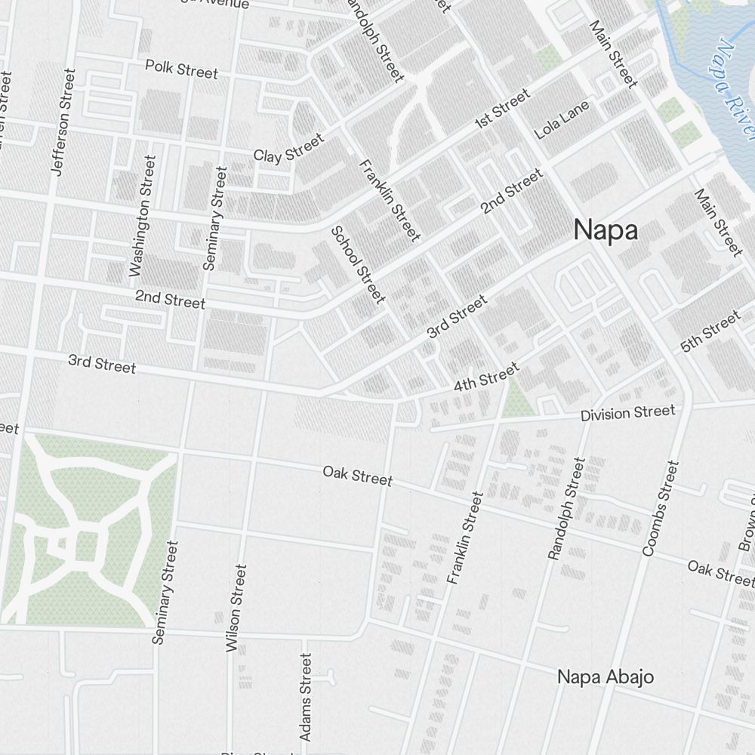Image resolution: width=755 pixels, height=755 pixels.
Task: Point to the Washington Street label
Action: [x=142, y=217]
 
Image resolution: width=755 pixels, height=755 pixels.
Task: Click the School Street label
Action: [x=358, y=264]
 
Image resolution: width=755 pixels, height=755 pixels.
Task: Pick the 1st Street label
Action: [x=502, y=109]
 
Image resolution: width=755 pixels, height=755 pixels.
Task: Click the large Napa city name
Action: [x=606, y=230]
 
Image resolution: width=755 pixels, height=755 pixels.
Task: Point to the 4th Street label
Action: [x=486, y=377]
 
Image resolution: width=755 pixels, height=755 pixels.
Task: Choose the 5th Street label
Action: [x=710, y=332]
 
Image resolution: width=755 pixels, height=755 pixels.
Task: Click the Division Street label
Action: [x=627, y=413]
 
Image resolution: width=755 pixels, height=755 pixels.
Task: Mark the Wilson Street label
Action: [x=236, y=608]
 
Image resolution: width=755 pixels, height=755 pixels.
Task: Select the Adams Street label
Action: [x=305, y=697]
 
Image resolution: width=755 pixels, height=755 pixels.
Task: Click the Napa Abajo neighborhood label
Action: [x=606, y=676]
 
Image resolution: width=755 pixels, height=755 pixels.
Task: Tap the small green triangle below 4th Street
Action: [x=517, y=401]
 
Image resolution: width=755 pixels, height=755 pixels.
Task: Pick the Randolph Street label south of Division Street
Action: [x=566, y=508]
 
